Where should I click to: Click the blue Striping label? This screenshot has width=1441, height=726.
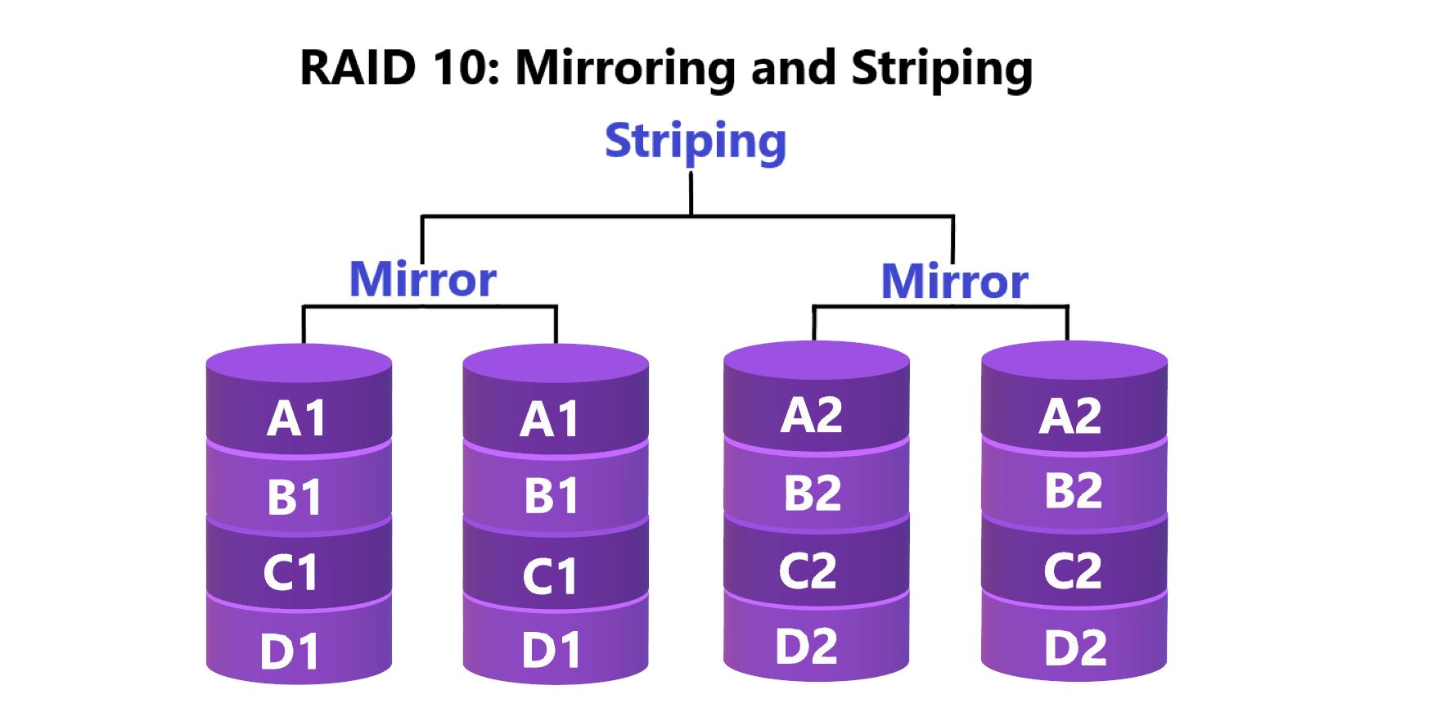tap(696, 142)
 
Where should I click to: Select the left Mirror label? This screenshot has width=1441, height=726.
tap(422, 280)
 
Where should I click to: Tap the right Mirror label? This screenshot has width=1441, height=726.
tap(954, 282)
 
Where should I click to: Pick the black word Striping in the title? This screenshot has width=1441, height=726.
tap(941, 69)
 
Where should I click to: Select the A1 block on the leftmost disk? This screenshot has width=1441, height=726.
tap(298, 418)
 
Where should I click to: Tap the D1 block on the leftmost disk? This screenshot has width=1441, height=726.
tap(290, 652)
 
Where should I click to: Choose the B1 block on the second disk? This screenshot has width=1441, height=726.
tap(552, 495)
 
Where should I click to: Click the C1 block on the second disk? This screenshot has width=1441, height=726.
tap(550, 576)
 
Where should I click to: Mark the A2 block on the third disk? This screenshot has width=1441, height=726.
tap(811, 415)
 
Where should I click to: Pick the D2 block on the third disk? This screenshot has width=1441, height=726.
tap(806, 646)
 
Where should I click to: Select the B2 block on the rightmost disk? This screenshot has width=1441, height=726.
tap(1073, 490)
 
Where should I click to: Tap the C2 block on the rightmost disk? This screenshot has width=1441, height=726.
tap(1072, 570)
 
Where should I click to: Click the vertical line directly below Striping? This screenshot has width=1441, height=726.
tap(691, 194)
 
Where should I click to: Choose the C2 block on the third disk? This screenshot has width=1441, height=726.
tap(808, 570)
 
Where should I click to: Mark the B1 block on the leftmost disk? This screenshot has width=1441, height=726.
tap(295, 497)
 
